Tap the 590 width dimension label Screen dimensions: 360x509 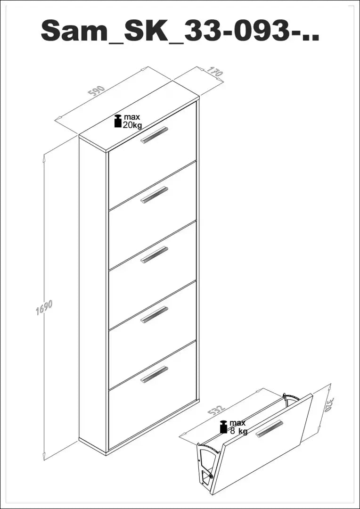click(97, 90)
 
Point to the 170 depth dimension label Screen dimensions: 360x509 click(214, 72)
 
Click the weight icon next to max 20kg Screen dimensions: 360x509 click(117, 121)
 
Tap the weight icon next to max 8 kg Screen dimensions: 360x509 click(224, 427)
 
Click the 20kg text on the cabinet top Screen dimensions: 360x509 click(132, 125)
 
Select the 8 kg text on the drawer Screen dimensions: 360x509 click(239, 431)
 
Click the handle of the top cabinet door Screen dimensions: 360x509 click(154, 135)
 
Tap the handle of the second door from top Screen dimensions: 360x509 click(154, 195)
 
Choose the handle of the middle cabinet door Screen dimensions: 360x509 click(154, 254)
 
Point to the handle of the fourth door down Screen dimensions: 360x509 click(154, 314)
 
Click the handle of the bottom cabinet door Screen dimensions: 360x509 click(154, 374)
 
